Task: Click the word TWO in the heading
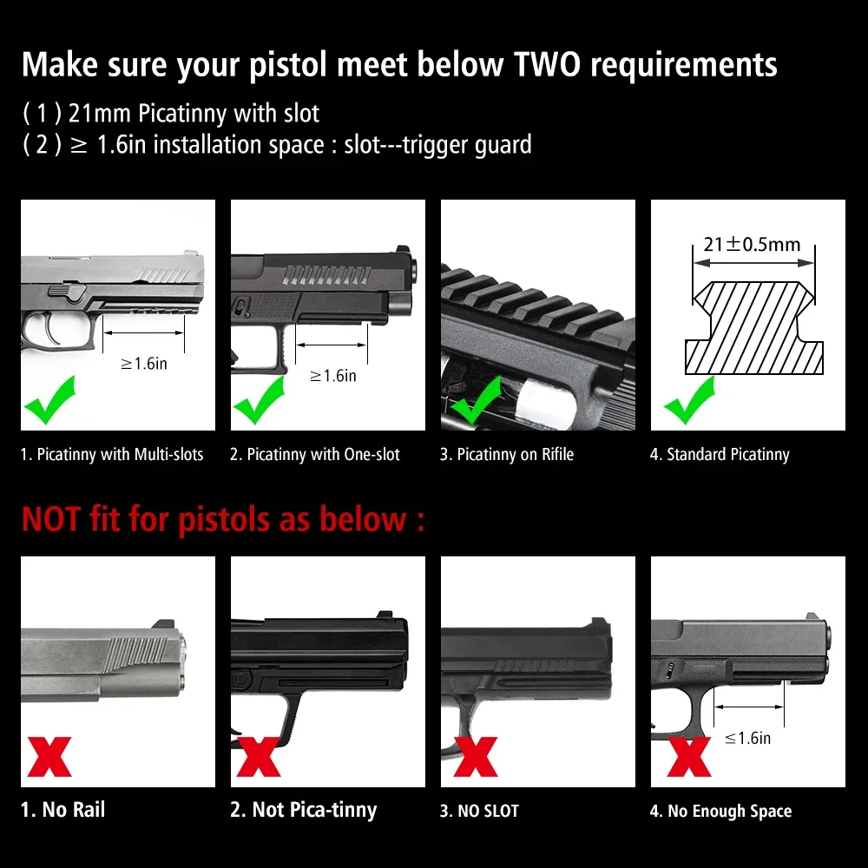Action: coord(546,64)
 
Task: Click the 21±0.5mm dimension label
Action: coord(753,244)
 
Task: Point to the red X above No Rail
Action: coord(49,757)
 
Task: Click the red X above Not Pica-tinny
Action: coord(259,757)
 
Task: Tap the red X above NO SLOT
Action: coord(475,757)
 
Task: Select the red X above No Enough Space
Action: coord(688,757)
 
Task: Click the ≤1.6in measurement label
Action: coord(747,738)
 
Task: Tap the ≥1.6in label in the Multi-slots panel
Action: coord(144,364)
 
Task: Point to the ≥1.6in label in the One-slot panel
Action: coord(333,376)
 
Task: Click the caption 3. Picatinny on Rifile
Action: coord(507,455)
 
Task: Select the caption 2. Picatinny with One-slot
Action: coord(314,455)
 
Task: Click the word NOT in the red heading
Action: coord(51,519)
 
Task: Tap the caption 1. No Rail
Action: coord(62,810)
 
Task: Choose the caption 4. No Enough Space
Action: coord(720,811)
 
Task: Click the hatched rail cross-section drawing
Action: coord(754,328)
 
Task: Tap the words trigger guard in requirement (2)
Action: coord(467,145)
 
